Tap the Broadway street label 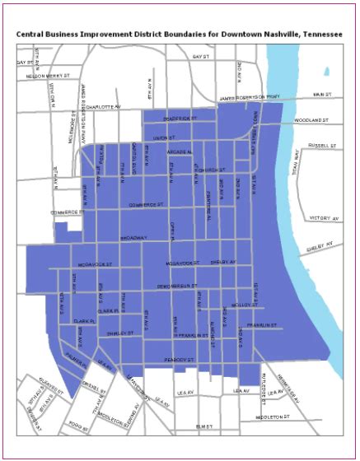[x=133, y=237]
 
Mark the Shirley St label [x=119, y=333]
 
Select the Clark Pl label [x=85, y=321]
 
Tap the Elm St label [x=204, y=426]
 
